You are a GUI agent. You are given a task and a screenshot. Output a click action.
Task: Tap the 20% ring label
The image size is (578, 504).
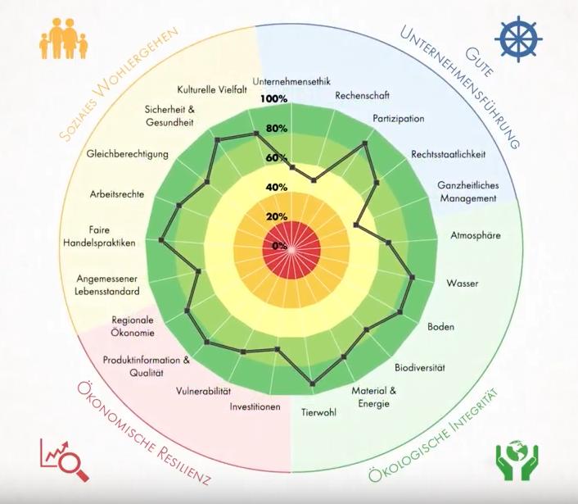[x=277, y=217]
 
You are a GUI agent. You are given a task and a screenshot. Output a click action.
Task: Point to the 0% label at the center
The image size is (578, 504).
[x=279, y=246]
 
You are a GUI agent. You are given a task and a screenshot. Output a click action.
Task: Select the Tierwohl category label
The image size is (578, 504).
[x=318, y=411]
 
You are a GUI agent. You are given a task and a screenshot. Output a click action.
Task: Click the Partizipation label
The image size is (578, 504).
[x=398, y=119]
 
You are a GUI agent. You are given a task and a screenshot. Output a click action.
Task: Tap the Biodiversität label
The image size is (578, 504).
[x=421, y=366]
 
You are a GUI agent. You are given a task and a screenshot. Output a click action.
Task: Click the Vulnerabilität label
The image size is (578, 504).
[x=204, y=391]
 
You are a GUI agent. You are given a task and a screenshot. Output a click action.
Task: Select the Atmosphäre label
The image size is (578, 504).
[x=476, y=235]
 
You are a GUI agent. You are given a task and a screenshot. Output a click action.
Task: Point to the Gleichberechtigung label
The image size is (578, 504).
[x=127, y=153]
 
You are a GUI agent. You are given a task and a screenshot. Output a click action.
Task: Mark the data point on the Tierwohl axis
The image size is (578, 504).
[x=312, y=383]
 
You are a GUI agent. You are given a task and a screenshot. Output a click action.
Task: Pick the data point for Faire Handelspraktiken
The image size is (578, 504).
[x=161, y=239]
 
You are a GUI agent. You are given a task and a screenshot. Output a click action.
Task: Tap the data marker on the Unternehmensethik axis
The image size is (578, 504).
[x=292, y=167]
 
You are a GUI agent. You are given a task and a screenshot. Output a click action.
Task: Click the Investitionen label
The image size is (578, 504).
[x=255, y=407]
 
